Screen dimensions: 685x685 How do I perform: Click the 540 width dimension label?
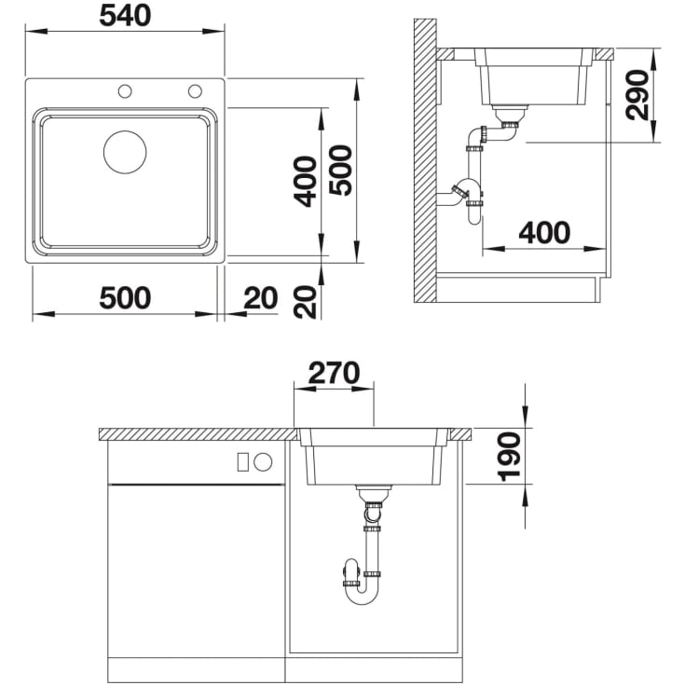pyautogui.click(x=125, y=16)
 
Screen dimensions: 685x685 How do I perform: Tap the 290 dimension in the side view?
pyautogui.click(x=637, y=95)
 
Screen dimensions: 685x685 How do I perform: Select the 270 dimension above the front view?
pyautogui.click(x=335, y=373)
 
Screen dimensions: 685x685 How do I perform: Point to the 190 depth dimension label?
pyautogui.click(x=510, y=457)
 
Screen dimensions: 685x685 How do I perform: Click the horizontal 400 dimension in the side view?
pyautogui.click(x=544, y=232)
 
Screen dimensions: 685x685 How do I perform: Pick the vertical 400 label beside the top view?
pyautogui.click(x=305, y=182)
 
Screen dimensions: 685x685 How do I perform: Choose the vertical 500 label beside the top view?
pyautogui.click(x=341, y=171)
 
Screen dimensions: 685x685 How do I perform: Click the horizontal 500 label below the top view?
pyautogui.click(x=125, y=298)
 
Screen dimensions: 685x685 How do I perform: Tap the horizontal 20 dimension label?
pyautogui.click(x=260, y=298)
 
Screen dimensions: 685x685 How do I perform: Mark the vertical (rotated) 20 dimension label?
pyautogui.click(x=305, y=302)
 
